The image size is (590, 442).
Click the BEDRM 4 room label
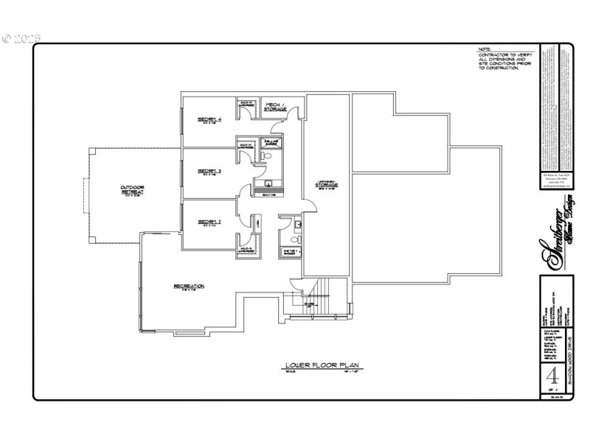point(209,120)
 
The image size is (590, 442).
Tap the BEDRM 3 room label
point(209,172)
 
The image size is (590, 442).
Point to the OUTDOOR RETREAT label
point(133,190)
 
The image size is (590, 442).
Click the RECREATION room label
point(189,286)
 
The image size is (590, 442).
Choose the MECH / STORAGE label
point(276,108)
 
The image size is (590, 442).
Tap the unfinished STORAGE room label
point(327,185)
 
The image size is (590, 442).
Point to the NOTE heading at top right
point(485,50)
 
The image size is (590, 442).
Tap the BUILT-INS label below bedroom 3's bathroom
point(268,194)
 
